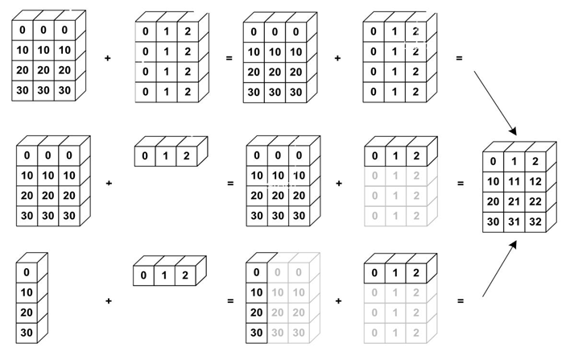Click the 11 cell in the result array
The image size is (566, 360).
tap(515, 182)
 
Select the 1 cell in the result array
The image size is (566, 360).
tap(515, 162)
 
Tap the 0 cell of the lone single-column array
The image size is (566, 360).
tap(27, 272)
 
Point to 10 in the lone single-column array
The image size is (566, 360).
tap(27, 292)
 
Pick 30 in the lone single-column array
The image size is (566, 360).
tap(27, 332)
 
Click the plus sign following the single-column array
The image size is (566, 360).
tap(108, 301)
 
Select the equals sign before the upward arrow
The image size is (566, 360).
tap(461, 301)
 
